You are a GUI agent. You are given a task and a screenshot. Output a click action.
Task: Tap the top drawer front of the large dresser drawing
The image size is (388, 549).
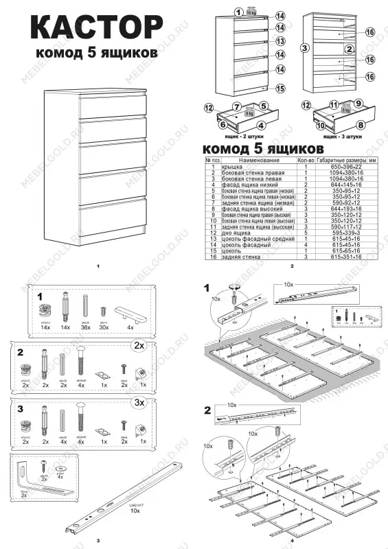click(x=113, y=107)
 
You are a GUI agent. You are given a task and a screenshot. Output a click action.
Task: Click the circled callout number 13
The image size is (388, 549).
click(x=280, y=41)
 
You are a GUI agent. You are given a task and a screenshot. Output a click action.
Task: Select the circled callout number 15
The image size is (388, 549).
click(x=280, y=89)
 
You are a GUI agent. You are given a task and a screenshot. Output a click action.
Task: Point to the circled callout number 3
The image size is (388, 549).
click(x=304, y=48)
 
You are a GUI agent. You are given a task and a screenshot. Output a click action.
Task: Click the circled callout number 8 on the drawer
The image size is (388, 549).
click(x=360, y=126)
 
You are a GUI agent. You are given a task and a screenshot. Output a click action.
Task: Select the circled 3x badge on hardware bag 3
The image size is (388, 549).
click(x=139, y=400)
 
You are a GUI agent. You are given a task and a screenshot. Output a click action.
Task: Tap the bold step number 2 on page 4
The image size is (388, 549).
click(x=207, y=411)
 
